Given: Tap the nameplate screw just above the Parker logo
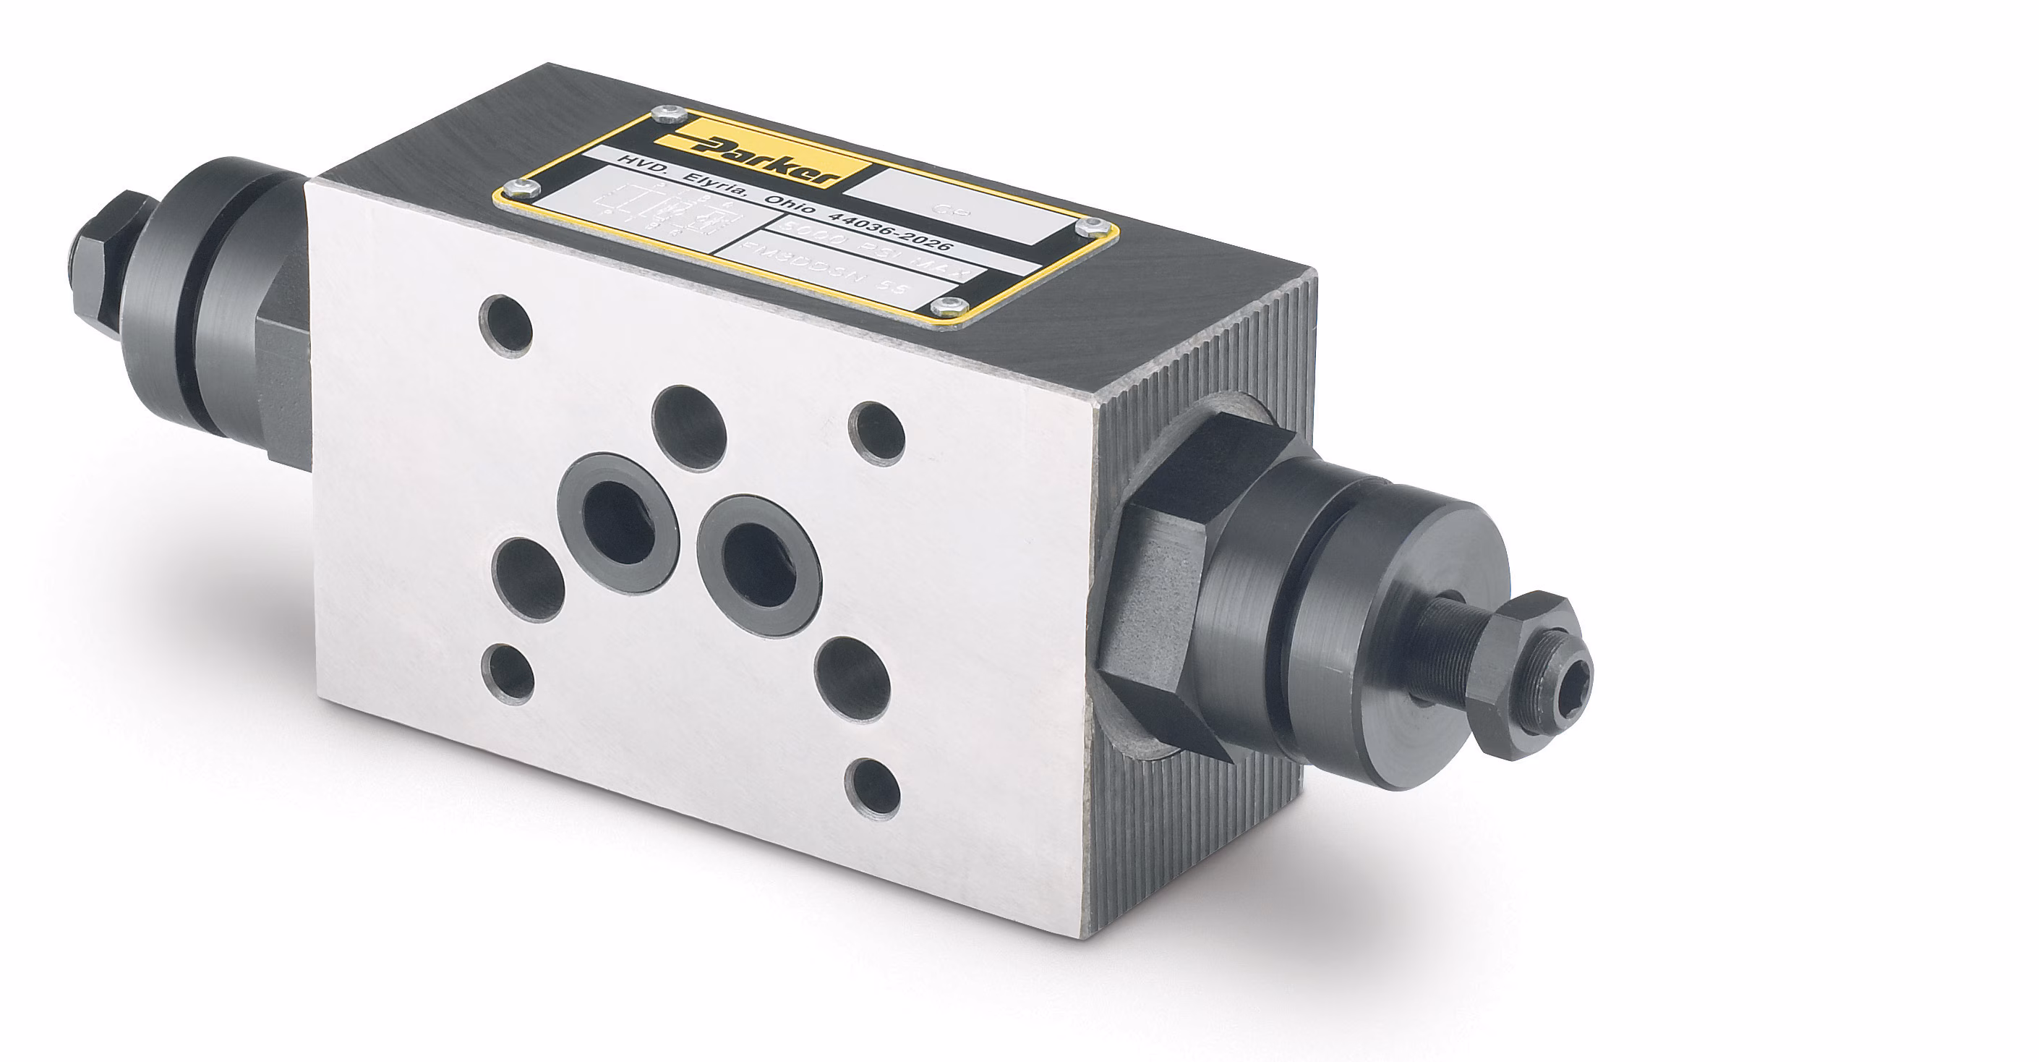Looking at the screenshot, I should [670, 115].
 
